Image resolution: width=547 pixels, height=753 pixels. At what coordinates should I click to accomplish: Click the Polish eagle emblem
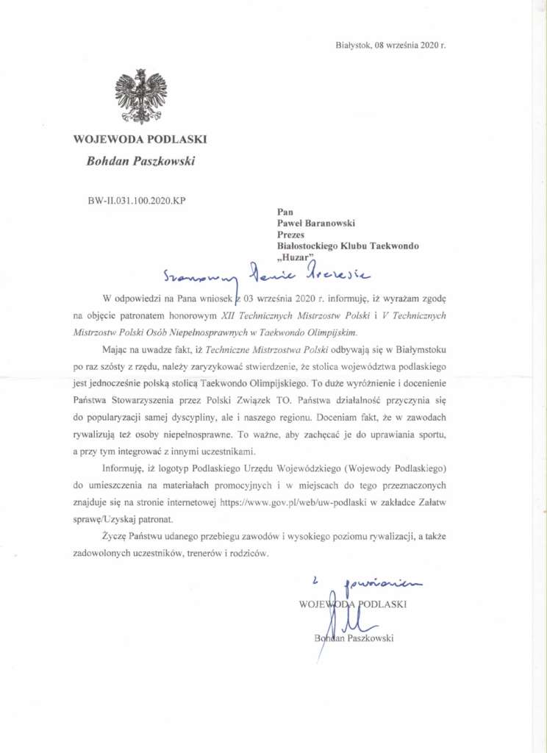140,96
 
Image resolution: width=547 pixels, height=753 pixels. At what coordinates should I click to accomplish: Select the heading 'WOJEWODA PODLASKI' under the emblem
140,138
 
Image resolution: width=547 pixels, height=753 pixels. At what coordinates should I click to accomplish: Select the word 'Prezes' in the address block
289,234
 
